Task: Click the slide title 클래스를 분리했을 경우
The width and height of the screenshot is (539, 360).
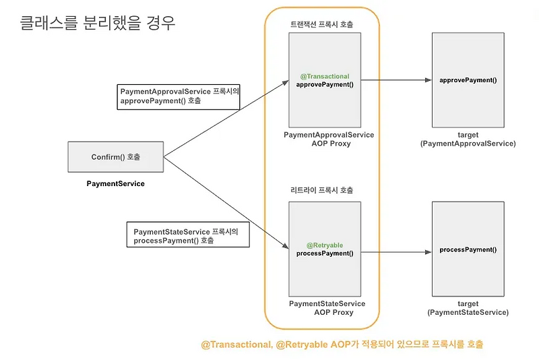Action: point(98,23)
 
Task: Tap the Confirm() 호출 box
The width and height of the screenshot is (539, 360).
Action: point(115,157)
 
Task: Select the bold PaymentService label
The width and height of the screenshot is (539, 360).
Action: point(115,183)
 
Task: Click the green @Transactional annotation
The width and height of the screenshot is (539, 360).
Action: point(325,76)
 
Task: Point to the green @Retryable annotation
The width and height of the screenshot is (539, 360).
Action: point(325,245)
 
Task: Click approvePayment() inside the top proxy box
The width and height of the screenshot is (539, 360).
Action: point(325,84)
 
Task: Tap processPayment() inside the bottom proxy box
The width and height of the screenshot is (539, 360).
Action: point(325,253)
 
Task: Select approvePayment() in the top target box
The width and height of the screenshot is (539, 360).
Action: point(468,80)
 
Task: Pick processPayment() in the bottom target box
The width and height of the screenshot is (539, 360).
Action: point(468,249)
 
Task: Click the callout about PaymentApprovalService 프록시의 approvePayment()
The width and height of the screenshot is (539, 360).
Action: point(179,97)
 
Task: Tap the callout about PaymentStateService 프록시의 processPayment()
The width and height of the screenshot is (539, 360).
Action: point(188,234)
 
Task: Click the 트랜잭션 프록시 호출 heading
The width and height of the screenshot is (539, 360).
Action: point(321,24)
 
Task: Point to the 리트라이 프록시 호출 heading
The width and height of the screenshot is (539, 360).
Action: point(321,190)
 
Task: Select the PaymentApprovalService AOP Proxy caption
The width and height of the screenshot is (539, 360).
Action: point(329,140)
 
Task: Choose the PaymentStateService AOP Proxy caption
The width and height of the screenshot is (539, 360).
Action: point(327,308)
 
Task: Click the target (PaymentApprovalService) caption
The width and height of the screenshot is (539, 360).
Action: point(468,140)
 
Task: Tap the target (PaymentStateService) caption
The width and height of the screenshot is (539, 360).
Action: point(468,308)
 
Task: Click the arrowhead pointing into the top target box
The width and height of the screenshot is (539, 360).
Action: point(429,80)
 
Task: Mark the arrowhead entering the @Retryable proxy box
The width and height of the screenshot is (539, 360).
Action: point(285,245)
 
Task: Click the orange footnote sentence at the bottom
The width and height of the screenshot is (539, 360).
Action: point(342,344)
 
